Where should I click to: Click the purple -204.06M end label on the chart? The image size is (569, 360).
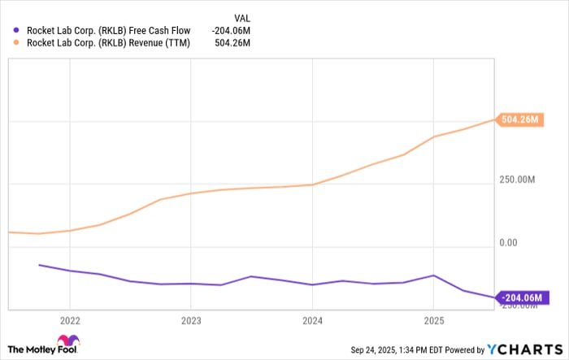coord(520,298)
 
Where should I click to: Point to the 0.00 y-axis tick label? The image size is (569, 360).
coord(510,242)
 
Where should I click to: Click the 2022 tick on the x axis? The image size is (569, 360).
coord(70,319)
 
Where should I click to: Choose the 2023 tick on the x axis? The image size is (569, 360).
coord(190,319)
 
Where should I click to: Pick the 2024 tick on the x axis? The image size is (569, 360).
coord(312,319)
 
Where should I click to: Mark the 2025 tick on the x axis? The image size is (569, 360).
coord(433,319)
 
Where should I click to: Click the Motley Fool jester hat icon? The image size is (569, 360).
coord(68,341)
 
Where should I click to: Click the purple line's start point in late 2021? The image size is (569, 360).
coord(39,265)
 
